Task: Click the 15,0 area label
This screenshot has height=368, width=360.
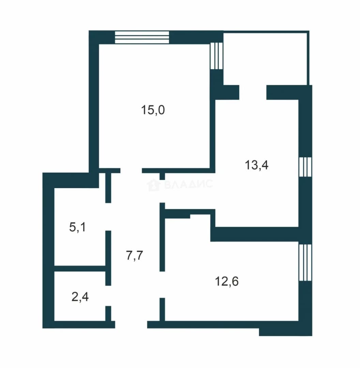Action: click(x=153, y=110)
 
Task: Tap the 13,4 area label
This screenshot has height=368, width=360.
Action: click(x=256, y=165)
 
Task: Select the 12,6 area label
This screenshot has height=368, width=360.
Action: click(x=227, y=281)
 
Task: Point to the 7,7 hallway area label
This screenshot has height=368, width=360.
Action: click(x=134, y=255)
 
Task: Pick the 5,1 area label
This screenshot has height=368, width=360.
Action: click(x=77, y=227)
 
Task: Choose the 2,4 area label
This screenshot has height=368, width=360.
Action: click(x=80, y=297)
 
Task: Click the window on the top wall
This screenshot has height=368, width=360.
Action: click(x=142, y=37)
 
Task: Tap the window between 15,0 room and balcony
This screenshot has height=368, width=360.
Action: click(x=216, y=56)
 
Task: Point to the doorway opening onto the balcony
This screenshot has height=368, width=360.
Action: click(x=253, y=92)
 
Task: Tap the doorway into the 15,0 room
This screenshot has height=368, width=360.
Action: click(x=131, y=171)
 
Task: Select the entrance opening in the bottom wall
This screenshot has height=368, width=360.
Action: click(x=131, y=325)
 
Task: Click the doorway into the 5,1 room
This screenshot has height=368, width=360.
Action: click(x=108, y=217)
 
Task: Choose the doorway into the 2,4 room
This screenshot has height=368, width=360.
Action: click(x=108, y=296)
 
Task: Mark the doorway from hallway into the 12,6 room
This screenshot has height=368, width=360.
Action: click(x=162, y=285)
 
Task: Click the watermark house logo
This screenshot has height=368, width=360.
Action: click(x=154, y=185)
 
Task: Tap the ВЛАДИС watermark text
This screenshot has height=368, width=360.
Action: click(x=188, y=184)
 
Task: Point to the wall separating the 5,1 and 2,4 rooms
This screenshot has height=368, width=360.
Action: click(x=80, y=269)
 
